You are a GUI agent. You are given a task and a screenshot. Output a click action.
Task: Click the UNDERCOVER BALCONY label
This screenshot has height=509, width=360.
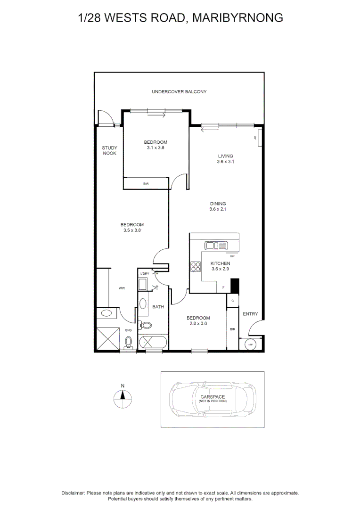coord(179,91)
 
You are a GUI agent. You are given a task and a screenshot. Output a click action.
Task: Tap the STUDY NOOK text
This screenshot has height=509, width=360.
coord(109,150)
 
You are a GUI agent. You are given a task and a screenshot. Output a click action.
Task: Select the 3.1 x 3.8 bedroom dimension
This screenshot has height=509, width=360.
coord(155,148)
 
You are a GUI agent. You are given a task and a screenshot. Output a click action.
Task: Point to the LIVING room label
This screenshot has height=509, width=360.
coord(225,156)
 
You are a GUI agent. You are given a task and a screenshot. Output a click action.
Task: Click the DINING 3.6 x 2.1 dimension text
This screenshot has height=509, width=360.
coord(218,209)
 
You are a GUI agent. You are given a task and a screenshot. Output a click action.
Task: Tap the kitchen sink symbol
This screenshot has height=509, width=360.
coord(216,245)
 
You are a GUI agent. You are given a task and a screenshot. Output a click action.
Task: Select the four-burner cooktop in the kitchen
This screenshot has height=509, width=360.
coord(195,267)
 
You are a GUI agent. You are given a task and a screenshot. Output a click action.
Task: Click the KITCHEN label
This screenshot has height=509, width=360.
coord(220,263)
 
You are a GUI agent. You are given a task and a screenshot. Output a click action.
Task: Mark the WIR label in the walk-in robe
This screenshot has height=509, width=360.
coord(122,287)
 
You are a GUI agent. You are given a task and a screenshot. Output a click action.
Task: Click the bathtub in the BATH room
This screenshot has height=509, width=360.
coord(152,342)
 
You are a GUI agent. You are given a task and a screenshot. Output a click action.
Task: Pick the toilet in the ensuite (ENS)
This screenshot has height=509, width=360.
coord(129,341)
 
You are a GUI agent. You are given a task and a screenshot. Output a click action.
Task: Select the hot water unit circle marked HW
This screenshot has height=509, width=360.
coord(249,345)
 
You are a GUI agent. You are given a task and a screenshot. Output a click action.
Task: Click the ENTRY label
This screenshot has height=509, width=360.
coord(250,314)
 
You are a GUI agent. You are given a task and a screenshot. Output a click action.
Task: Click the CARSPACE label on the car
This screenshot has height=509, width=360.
coord(213,397)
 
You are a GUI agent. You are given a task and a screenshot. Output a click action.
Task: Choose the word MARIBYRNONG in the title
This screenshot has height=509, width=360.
coord(238,18)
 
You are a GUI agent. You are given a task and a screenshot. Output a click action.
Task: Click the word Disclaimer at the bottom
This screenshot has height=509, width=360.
coord(73,493)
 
